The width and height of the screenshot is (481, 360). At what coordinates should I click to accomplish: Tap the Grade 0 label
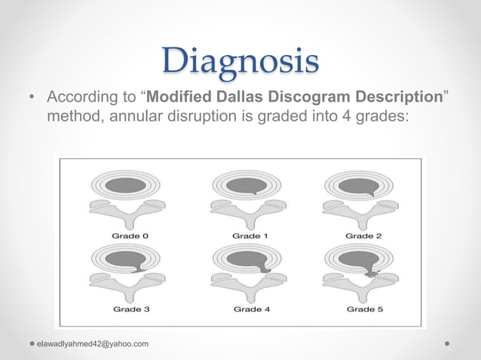pos(130,236)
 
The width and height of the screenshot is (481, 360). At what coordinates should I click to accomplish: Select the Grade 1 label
pos(250,236)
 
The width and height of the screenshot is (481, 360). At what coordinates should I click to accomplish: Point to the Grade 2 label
pos(363,236)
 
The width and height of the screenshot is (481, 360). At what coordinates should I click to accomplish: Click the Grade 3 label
pos(130,309)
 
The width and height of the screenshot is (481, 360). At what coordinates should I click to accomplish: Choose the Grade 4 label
pos(250,309)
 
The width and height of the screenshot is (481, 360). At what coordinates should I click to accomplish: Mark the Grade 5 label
pos(363,309)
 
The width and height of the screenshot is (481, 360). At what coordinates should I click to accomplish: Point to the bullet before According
pos(32,99)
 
